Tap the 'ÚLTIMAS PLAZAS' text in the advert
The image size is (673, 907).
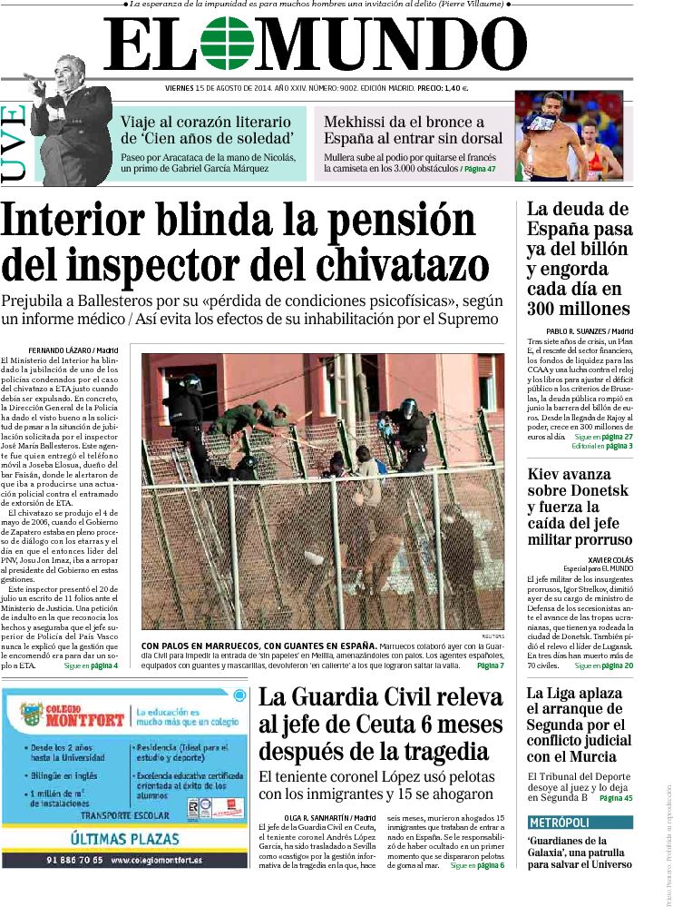click(125, 839)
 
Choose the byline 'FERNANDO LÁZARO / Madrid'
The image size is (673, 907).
click(73, 350)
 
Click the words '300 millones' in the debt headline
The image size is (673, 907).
click(577, 308)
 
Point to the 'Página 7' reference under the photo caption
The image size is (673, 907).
click(490, 665)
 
